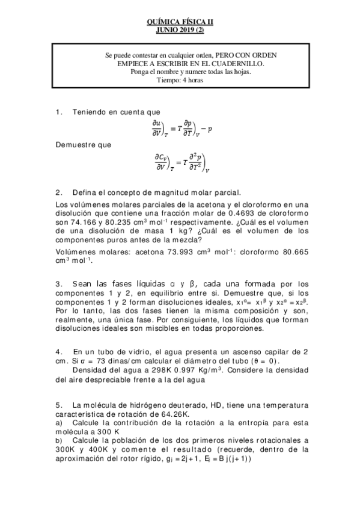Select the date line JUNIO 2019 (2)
tap(180, 29)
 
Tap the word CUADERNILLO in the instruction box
tap(239, 63)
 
